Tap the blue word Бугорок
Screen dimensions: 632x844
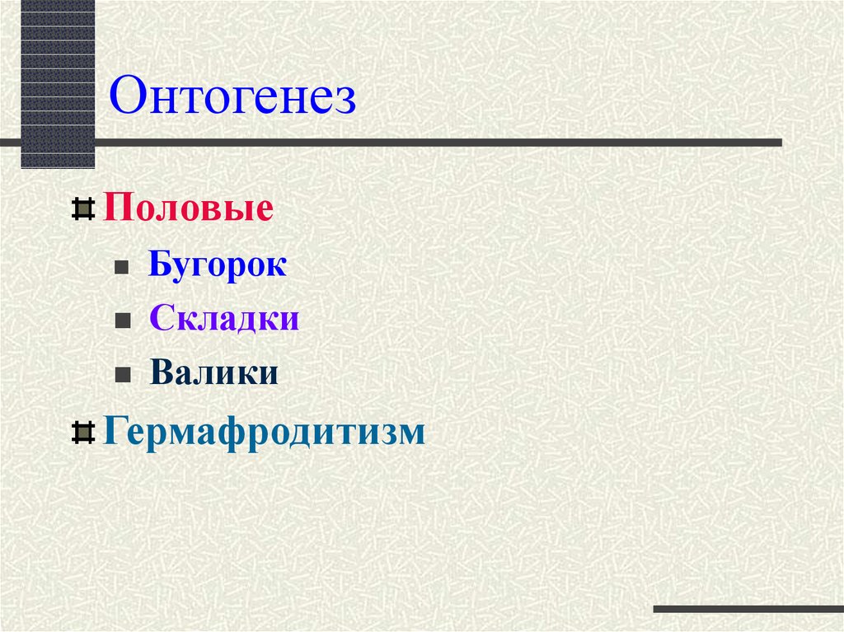(218, 266)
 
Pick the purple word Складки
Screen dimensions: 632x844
(223, 320)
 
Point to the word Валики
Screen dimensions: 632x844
(214, 373)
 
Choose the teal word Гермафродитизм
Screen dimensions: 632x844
(264, 432)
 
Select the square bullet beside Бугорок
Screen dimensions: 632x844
(120, 269)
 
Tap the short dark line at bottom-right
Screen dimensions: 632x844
(748, 610)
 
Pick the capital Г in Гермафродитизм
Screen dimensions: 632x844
(113, 431)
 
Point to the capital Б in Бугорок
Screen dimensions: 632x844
(160, 266)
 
